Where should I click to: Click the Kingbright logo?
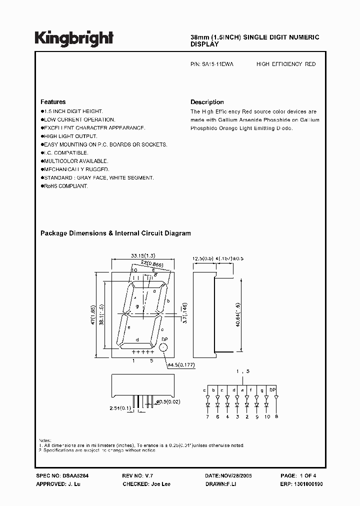click(74, 37)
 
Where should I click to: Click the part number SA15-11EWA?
click(215, 64)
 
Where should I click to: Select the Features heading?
click(53, 102)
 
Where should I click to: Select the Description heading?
click(207, 102)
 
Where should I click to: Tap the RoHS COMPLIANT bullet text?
click(65, 186)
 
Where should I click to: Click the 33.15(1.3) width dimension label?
click(142, 255)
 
